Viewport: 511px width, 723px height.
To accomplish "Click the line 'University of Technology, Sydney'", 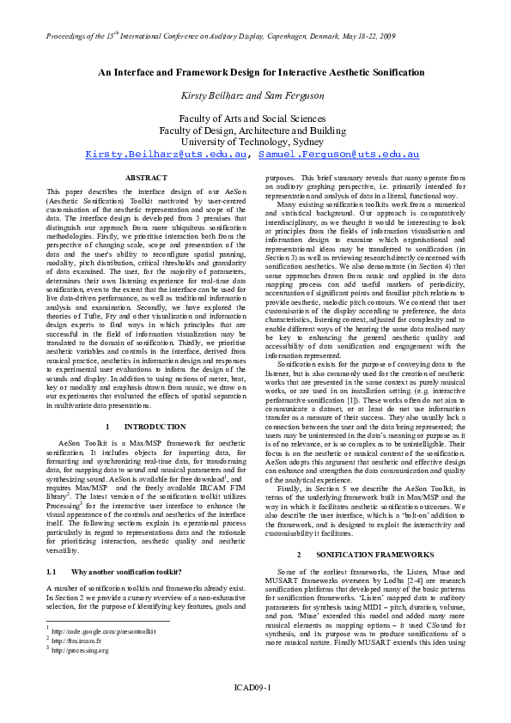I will [x=255, y=141].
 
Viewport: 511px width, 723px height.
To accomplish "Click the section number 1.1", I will [x=52, y=571].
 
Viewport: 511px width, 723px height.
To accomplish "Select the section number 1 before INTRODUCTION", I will [x=106, y=426].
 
